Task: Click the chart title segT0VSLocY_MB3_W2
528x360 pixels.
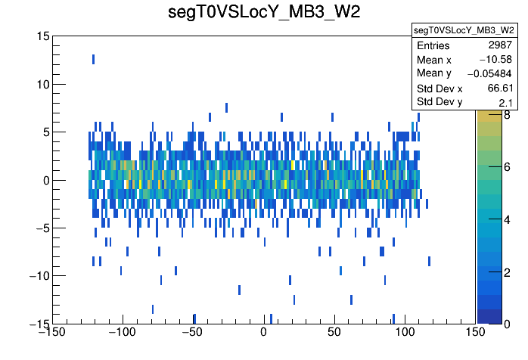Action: pyautogui.click(x=264, y=14)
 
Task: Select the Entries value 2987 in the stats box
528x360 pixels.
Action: pyautogui.click(x=499, y=46)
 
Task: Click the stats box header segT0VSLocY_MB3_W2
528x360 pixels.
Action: pyautogui.click(x=464, y=30)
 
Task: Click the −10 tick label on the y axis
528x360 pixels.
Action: pyautogui.click(x=36, y=276)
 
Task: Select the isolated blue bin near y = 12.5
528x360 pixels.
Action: pyautogui.click(x=93, y=59)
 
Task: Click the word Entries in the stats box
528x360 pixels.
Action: pyautogui.click(x=433, y=46)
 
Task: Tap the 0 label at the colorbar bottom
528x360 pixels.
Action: pyautogui.click(x=507, y=324)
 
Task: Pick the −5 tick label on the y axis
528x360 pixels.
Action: pyautogui.click(x=39, y=228)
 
